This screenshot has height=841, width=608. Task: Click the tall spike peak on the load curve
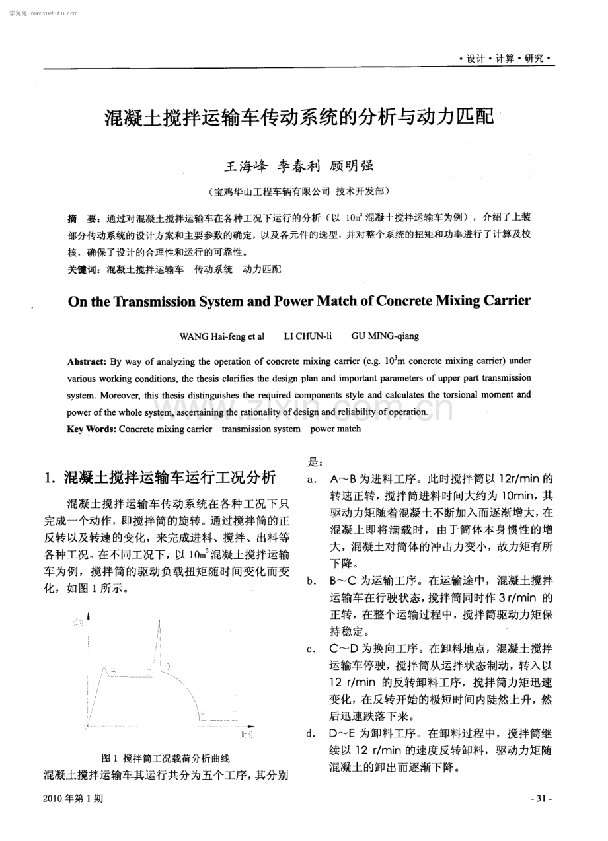tap(159, 620)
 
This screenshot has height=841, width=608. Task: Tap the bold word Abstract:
tap(87, 361)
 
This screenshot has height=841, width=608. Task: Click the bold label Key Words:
tap(92, 429)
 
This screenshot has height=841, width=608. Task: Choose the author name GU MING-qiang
tap(385, 336)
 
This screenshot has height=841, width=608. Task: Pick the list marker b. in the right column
tap(310, 581)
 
